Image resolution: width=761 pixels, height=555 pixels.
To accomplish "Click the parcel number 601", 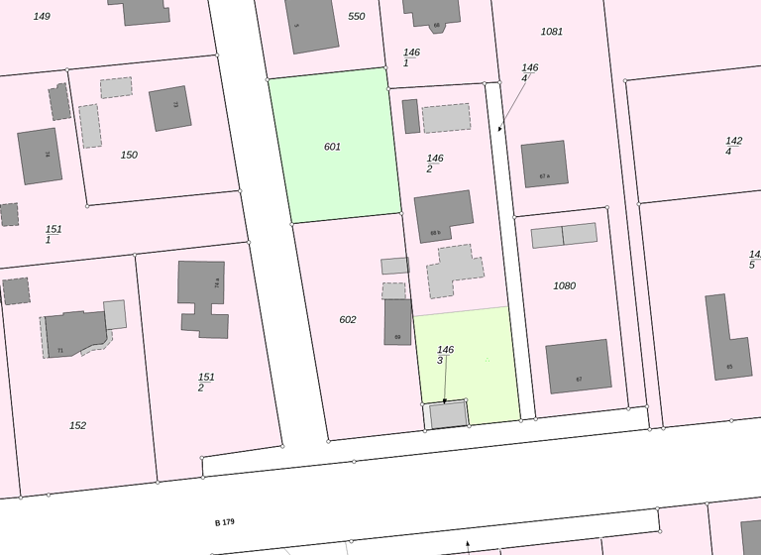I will pos(332,147).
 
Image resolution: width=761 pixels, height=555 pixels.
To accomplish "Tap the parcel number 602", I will pos(347,319).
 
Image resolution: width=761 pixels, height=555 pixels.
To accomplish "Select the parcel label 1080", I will pos(564,285).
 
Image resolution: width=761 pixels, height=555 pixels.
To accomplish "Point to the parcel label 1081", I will pos(552,32).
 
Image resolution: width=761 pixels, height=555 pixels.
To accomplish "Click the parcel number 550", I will pos(357,17).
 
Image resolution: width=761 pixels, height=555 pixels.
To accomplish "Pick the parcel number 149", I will pos(42,16).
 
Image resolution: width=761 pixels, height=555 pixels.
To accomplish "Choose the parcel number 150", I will pos(129,155).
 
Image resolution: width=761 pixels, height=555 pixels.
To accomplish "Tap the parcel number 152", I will pos(77,425).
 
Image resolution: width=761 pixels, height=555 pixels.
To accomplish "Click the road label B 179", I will pos(225,521).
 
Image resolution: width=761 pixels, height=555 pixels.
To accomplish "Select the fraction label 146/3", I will pos(446,355).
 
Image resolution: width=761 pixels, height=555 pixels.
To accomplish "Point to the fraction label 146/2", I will pos(434,164).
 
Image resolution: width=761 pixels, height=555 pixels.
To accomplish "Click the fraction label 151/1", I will pos(53,234).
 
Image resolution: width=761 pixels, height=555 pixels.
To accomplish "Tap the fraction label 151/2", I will pos(206,382).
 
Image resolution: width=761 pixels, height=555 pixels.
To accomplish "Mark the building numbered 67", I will pos(579,367).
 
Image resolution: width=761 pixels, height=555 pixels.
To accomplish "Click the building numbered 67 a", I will pos(544,164).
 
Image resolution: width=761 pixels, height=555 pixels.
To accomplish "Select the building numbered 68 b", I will pos(443,216).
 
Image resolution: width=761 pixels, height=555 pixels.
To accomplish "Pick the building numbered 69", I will pos(397,322).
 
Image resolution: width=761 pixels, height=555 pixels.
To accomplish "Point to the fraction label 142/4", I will pos(733,146).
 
